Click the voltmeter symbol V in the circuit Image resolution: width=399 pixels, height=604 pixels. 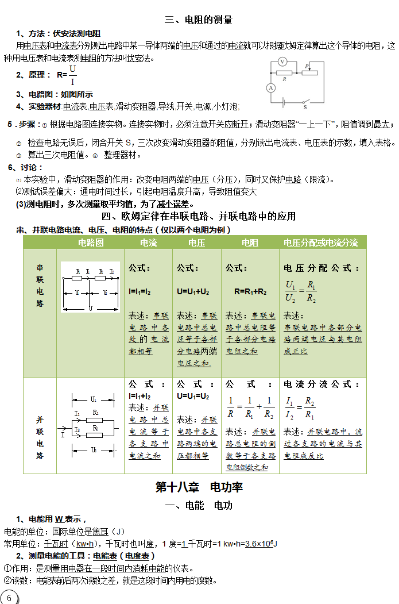[x=282, y=61]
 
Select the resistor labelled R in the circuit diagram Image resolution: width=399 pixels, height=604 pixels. [x=282, y=73]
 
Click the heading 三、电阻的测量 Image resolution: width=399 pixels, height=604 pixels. [x=199, y=20]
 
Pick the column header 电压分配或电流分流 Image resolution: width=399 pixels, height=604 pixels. [x=321, y=243]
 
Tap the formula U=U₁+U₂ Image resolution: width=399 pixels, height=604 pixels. [x=193, y=291]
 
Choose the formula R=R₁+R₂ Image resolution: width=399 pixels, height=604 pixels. [x=250, y=291]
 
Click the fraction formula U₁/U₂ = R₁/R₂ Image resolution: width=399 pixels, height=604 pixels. [x=301, y=291]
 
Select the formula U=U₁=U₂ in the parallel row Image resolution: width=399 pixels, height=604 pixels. [x=193, y=396]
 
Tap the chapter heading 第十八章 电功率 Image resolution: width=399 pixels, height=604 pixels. [x=199, y=487]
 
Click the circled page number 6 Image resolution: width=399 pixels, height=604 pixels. [x=9, y=598]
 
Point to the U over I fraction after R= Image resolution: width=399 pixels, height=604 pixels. [x=72, y=75]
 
